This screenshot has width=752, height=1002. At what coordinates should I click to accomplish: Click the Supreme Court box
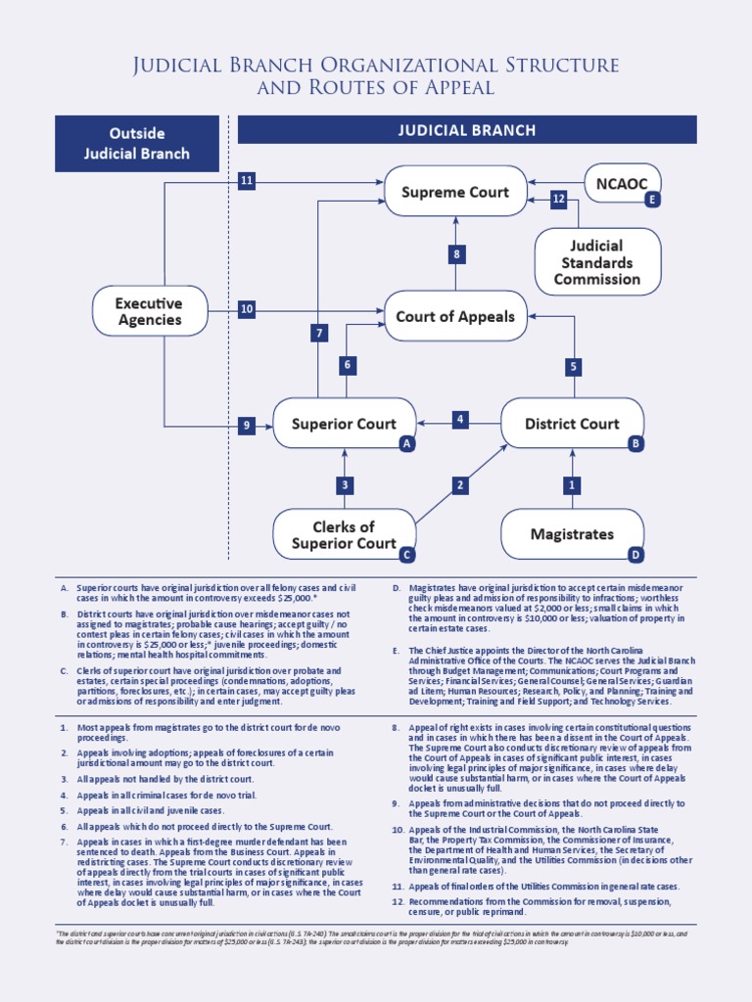pyautogui.click(x=455, y=192)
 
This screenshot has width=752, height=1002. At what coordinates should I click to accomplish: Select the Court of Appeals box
pyautogui.click(x=455, y=317)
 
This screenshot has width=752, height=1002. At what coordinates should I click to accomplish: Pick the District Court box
pyautogui.click(x=572, y=424)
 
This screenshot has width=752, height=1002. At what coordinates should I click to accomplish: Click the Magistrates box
pyautogui.click(x=572, y=534)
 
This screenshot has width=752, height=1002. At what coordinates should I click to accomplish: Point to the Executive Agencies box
pyautogui.click(x=150, y=311)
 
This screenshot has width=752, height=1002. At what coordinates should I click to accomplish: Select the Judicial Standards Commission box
pyautogui.click(x=597, y=262)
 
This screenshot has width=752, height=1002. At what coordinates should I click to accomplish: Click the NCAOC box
pyautogui.click(x=623, y=182)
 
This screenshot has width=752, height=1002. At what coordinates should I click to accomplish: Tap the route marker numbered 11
pyautogui.click(x=247, y=181)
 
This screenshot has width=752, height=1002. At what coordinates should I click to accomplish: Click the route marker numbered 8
pyautogui.click(x=456, y=254)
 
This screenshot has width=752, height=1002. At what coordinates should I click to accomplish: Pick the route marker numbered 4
pyautogui.click(x=460, y=420)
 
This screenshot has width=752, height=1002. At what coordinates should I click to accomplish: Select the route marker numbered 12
pyautogui.click(x=559, y=199)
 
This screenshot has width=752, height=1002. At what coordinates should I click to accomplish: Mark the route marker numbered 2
pyautogui.click(x=458, y=484)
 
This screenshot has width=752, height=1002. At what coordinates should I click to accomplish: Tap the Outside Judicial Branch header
pyautogui.click(x=137, y=143)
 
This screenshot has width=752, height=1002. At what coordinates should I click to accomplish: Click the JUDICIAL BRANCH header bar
pyautogui.click(x=467, y=130)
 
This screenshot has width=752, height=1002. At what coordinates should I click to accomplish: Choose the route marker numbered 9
pyautogui.click(x=247, y=426)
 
